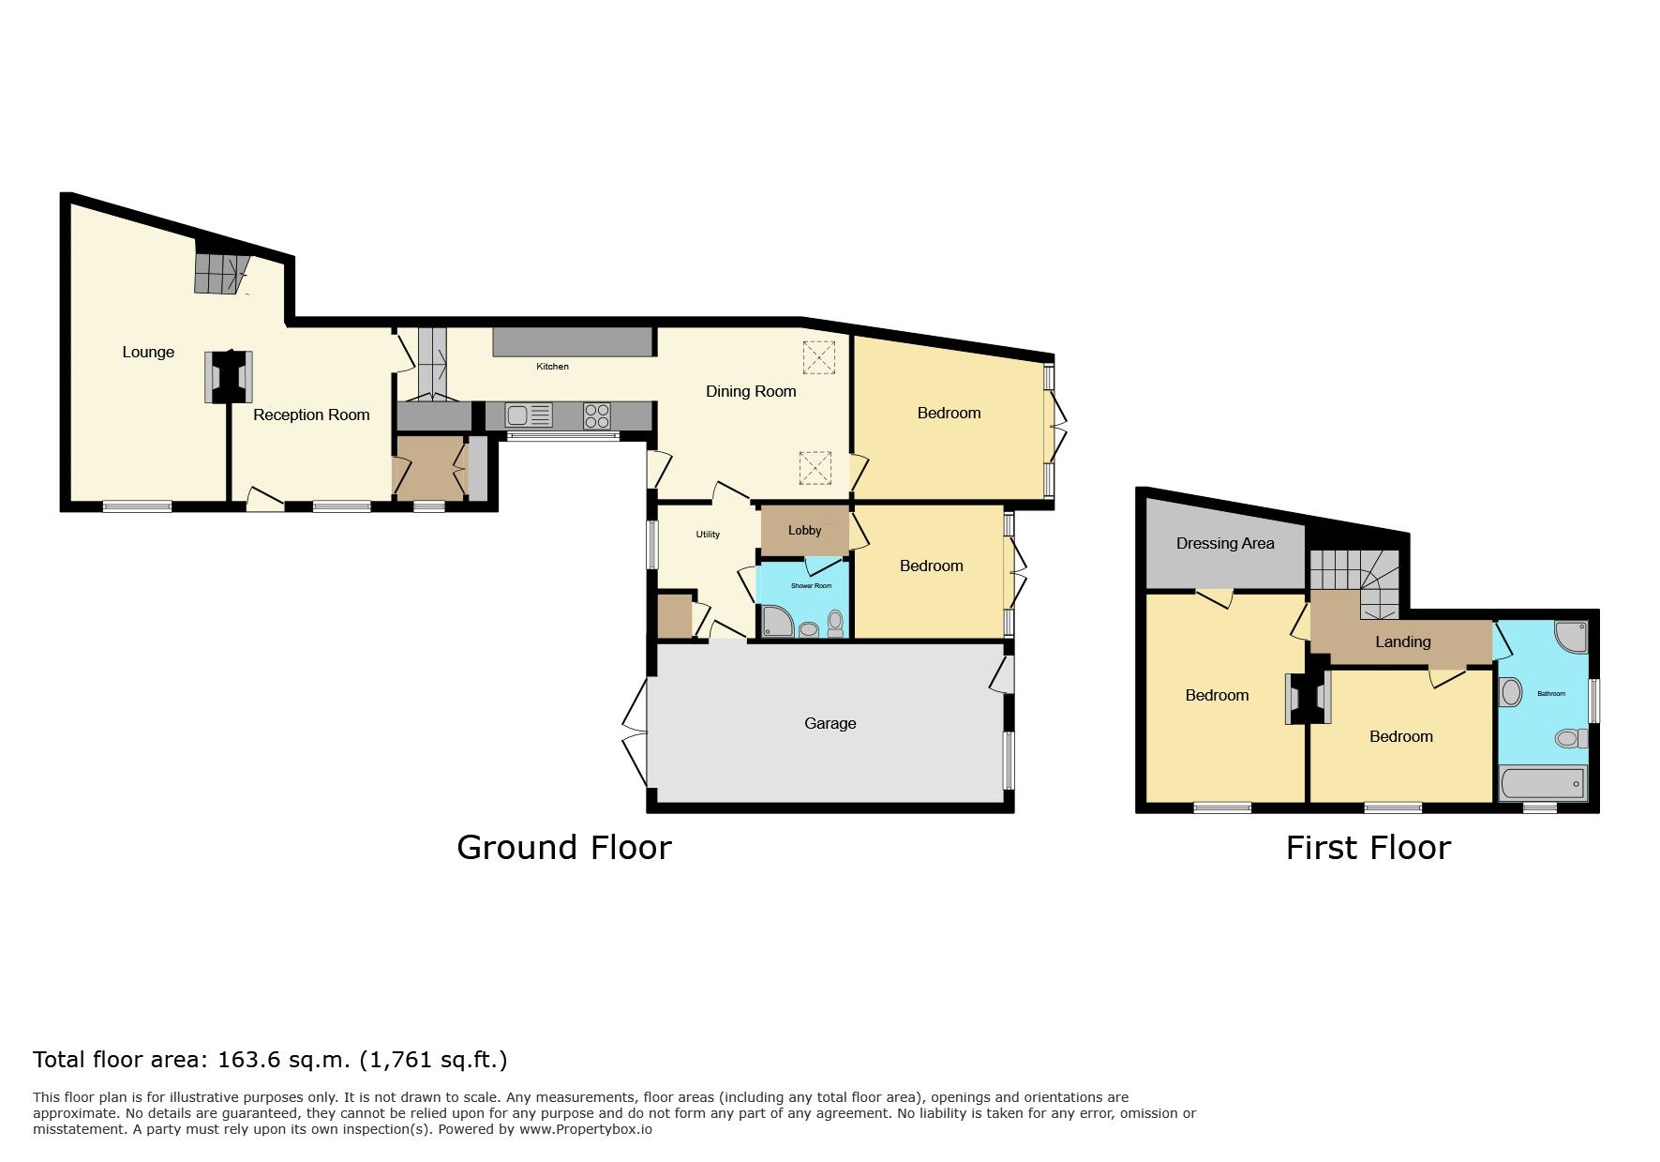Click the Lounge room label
148,352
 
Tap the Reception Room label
311,415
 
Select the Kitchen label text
552,367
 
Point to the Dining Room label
751,391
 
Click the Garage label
830,723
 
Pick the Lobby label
804,530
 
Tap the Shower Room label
811,586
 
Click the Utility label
708,535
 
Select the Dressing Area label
1225,543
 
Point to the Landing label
1402,641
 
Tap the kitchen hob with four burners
597,415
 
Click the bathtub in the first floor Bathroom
1543,783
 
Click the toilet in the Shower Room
835,623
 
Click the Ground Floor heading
564,848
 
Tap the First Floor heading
1368,848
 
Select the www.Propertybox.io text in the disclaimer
586,1129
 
